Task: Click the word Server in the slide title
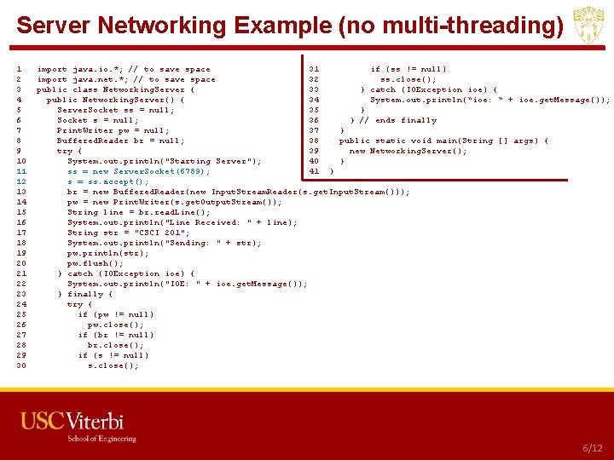pos(50,26)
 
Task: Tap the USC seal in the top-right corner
pos(590,26)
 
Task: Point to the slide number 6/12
pos(592,448)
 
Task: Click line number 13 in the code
pos(20,192)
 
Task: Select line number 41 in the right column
pos(314,171)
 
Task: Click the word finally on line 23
pos(89,294)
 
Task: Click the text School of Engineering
pos(101,440)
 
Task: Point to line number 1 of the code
pos(19,69)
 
